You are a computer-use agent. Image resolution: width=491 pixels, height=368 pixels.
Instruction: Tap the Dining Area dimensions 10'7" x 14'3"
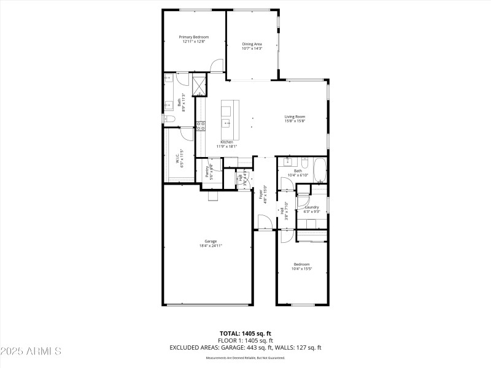pos(252,48)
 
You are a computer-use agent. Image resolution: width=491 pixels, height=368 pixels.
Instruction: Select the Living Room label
pos(295,117)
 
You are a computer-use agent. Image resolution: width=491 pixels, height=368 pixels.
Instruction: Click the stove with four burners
pos(200,127)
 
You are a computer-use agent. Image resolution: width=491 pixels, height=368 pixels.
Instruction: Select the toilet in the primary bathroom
pos(169,118)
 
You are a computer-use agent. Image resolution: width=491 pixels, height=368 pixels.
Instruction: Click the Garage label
pos(211,241)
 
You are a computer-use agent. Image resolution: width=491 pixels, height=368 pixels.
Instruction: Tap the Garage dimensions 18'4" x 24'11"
pos(211,245)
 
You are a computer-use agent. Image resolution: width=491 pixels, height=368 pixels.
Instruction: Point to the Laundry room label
pos(312,207)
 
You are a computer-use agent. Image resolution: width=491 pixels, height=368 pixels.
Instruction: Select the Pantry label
pos(207,171)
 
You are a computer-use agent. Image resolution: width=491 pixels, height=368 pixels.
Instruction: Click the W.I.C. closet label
pos(177,158)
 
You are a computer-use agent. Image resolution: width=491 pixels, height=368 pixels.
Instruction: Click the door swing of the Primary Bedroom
pos(216,66)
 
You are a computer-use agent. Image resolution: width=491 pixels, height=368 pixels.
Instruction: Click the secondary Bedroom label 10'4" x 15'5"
pos(301,264)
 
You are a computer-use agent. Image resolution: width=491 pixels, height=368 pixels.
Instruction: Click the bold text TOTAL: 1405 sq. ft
pos(245,333)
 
